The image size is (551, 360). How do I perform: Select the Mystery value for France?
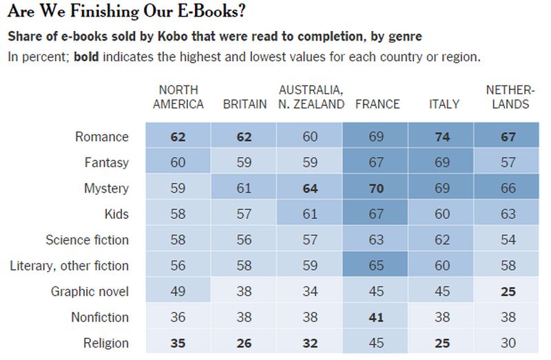pos(376,188)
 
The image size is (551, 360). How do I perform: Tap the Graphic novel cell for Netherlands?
pos(508,291)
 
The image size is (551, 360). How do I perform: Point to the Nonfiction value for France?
pos(376,317)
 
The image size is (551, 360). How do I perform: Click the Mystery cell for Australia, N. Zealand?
pos(311,188)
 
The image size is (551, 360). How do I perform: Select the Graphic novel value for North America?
pos(178,291)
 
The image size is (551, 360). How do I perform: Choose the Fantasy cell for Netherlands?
pos(508,162)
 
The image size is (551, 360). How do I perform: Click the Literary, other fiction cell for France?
pos(376,266)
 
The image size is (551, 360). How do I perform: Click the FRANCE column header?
pos(377,104)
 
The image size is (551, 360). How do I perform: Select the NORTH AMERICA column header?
pos(178,97)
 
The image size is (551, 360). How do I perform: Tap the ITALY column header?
pos(444,104)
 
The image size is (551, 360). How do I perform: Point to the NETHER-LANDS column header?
pos(508,97)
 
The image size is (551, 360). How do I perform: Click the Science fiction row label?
pos(87,240)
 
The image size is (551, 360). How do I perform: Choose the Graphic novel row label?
pos(90,291)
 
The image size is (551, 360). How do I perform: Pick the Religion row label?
pos(105,343)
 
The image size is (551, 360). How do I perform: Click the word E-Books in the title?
pos(207,12)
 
